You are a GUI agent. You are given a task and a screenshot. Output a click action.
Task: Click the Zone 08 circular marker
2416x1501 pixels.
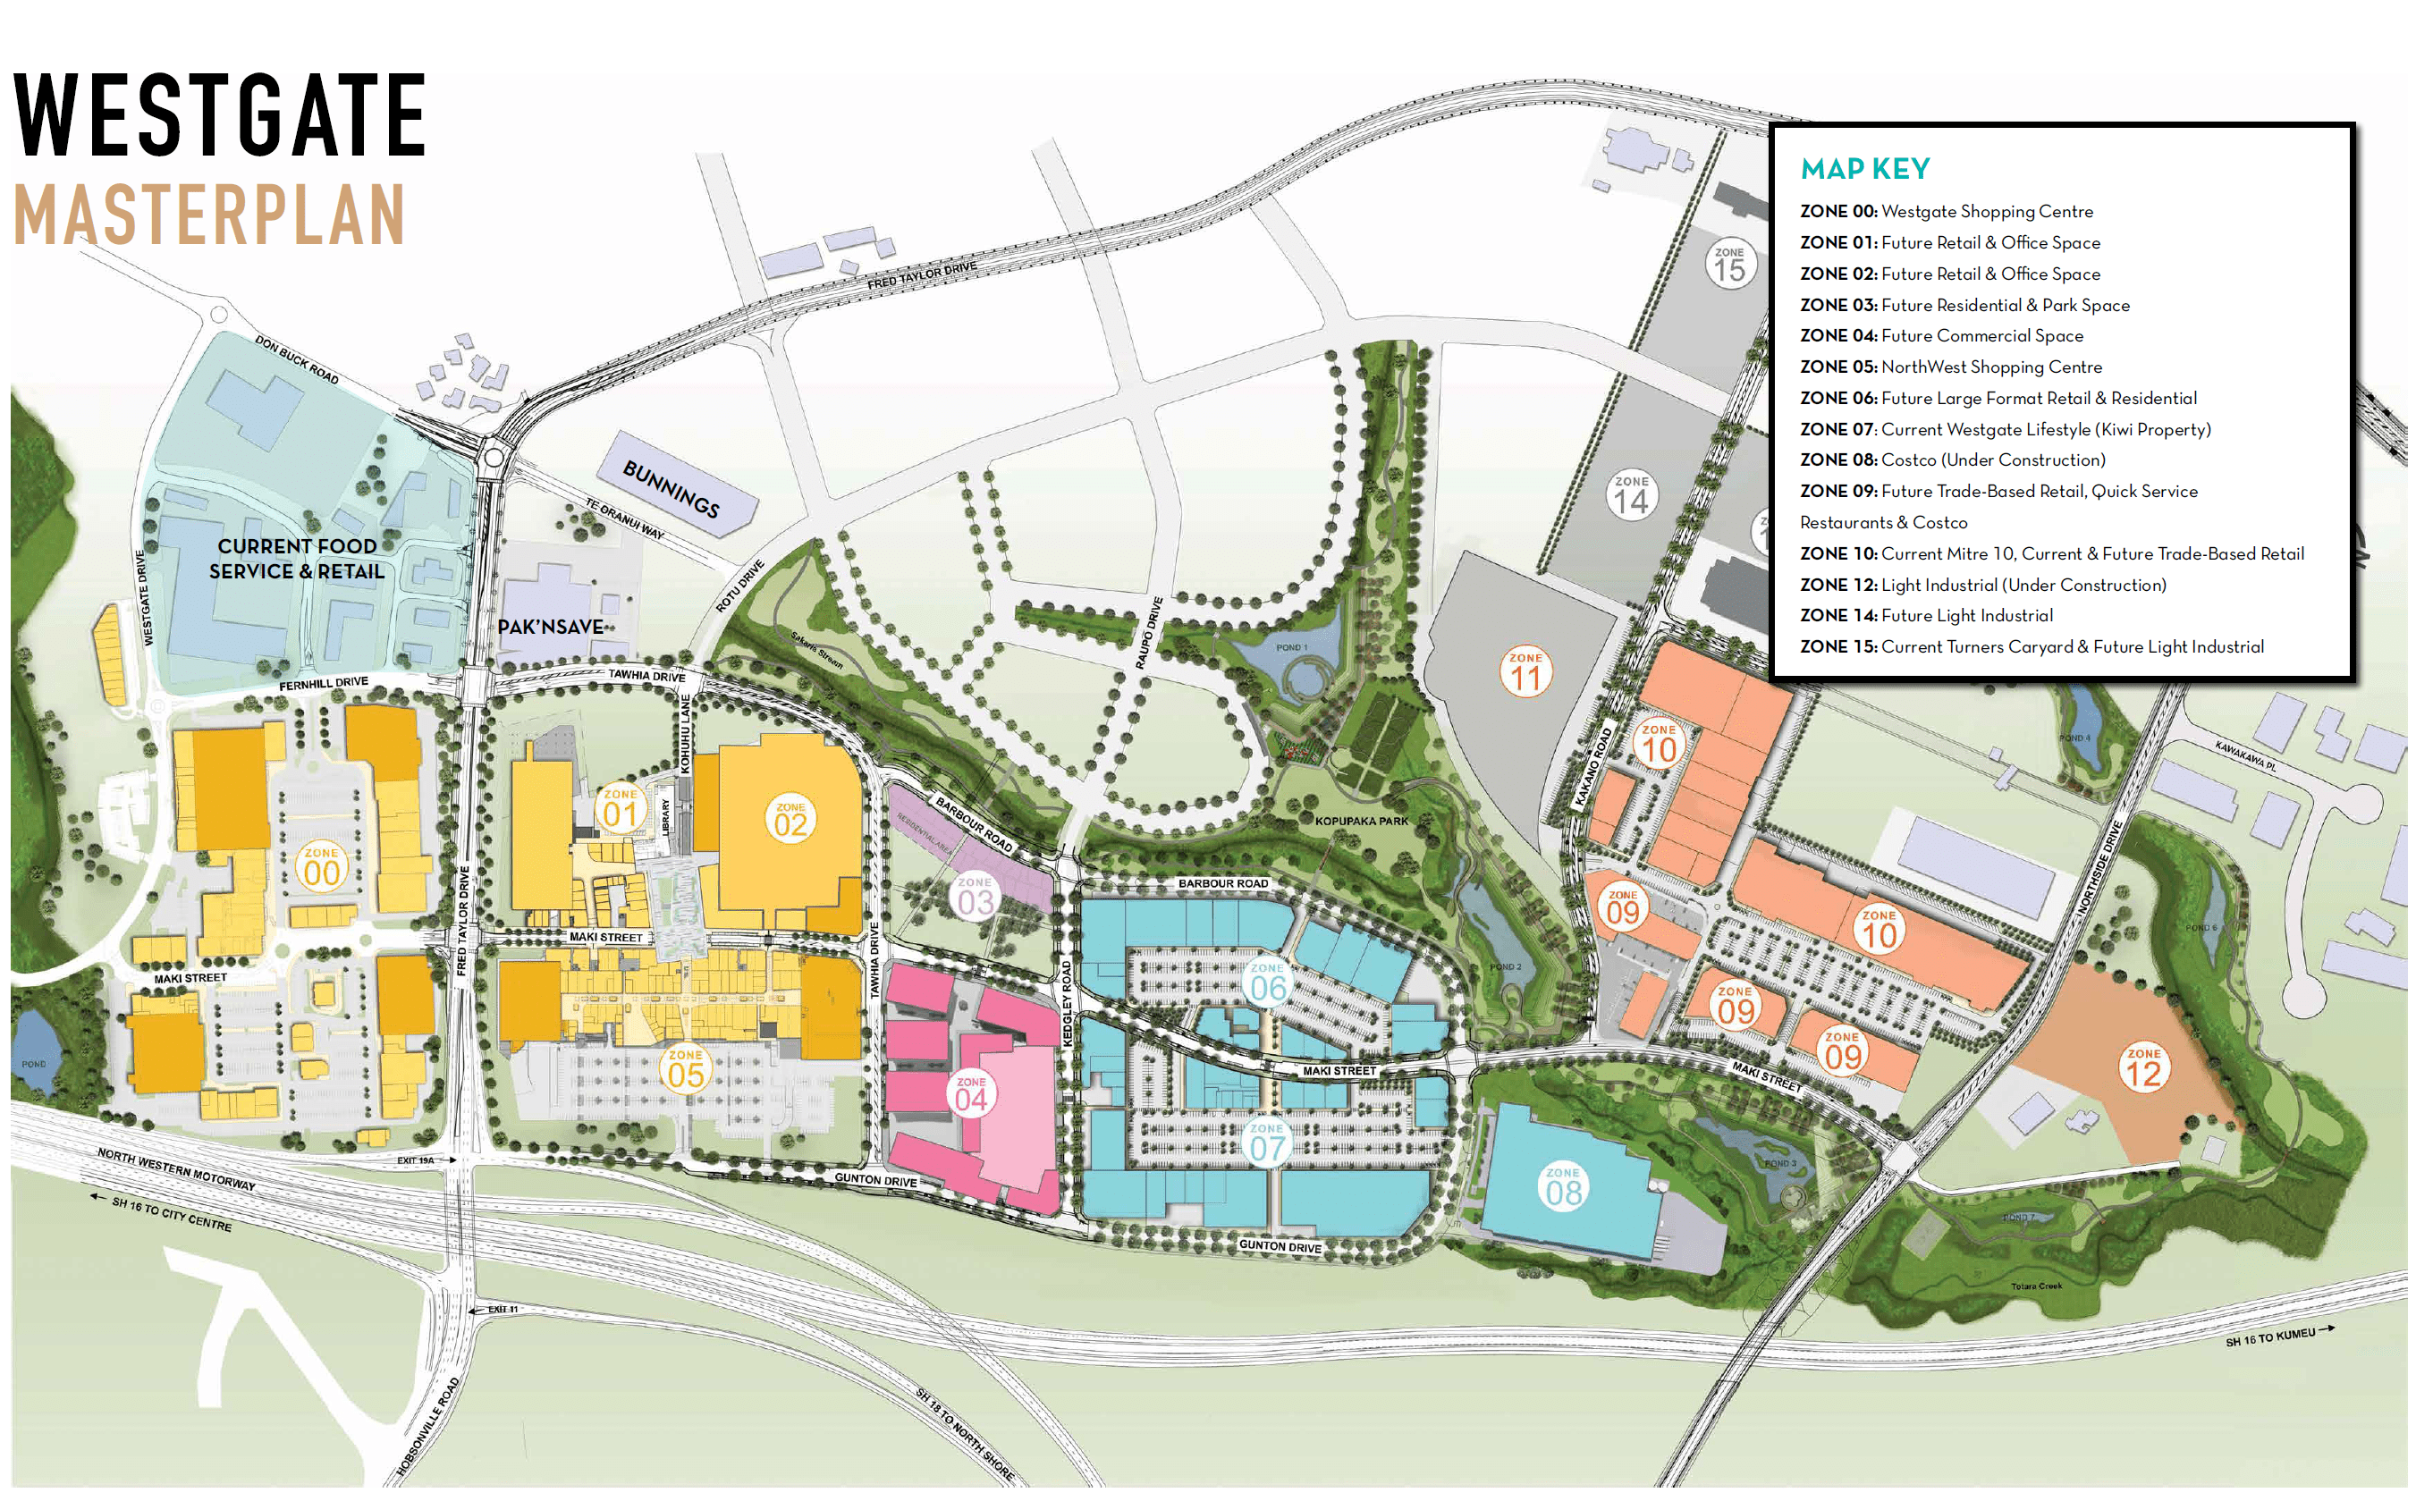coord(1562,1187)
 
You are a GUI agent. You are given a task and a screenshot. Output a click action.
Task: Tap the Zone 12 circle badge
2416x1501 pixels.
coord(2143,1069)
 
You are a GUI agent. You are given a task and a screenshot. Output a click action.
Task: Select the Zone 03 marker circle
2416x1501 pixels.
coord(975,898)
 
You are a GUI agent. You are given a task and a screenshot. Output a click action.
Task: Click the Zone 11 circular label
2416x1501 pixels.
coord(1525,673)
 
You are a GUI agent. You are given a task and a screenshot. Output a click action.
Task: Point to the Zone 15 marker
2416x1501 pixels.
coord(1729,265)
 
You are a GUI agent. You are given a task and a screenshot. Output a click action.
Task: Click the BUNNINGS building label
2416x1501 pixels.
coord(671,487)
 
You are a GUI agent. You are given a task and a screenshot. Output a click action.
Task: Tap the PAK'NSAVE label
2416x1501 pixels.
coord(550,628)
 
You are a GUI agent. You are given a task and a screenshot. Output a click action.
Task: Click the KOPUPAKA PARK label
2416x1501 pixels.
coord(1361,821)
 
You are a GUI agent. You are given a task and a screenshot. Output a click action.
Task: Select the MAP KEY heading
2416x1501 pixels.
coord(1865,169)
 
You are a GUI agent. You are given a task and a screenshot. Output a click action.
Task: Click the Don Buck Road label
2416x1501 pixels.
coord(297,359)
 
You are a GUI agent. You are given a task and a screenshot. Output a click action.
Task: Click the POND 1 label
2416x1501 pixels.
coord(1291,647)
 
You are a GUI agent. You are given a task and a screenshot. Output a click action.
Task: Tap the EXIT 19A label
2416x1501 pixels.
coord(415,1159)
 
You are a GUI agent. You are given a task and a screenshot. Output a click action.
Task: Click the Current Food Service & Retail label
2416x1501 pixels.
coord(297,559)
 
